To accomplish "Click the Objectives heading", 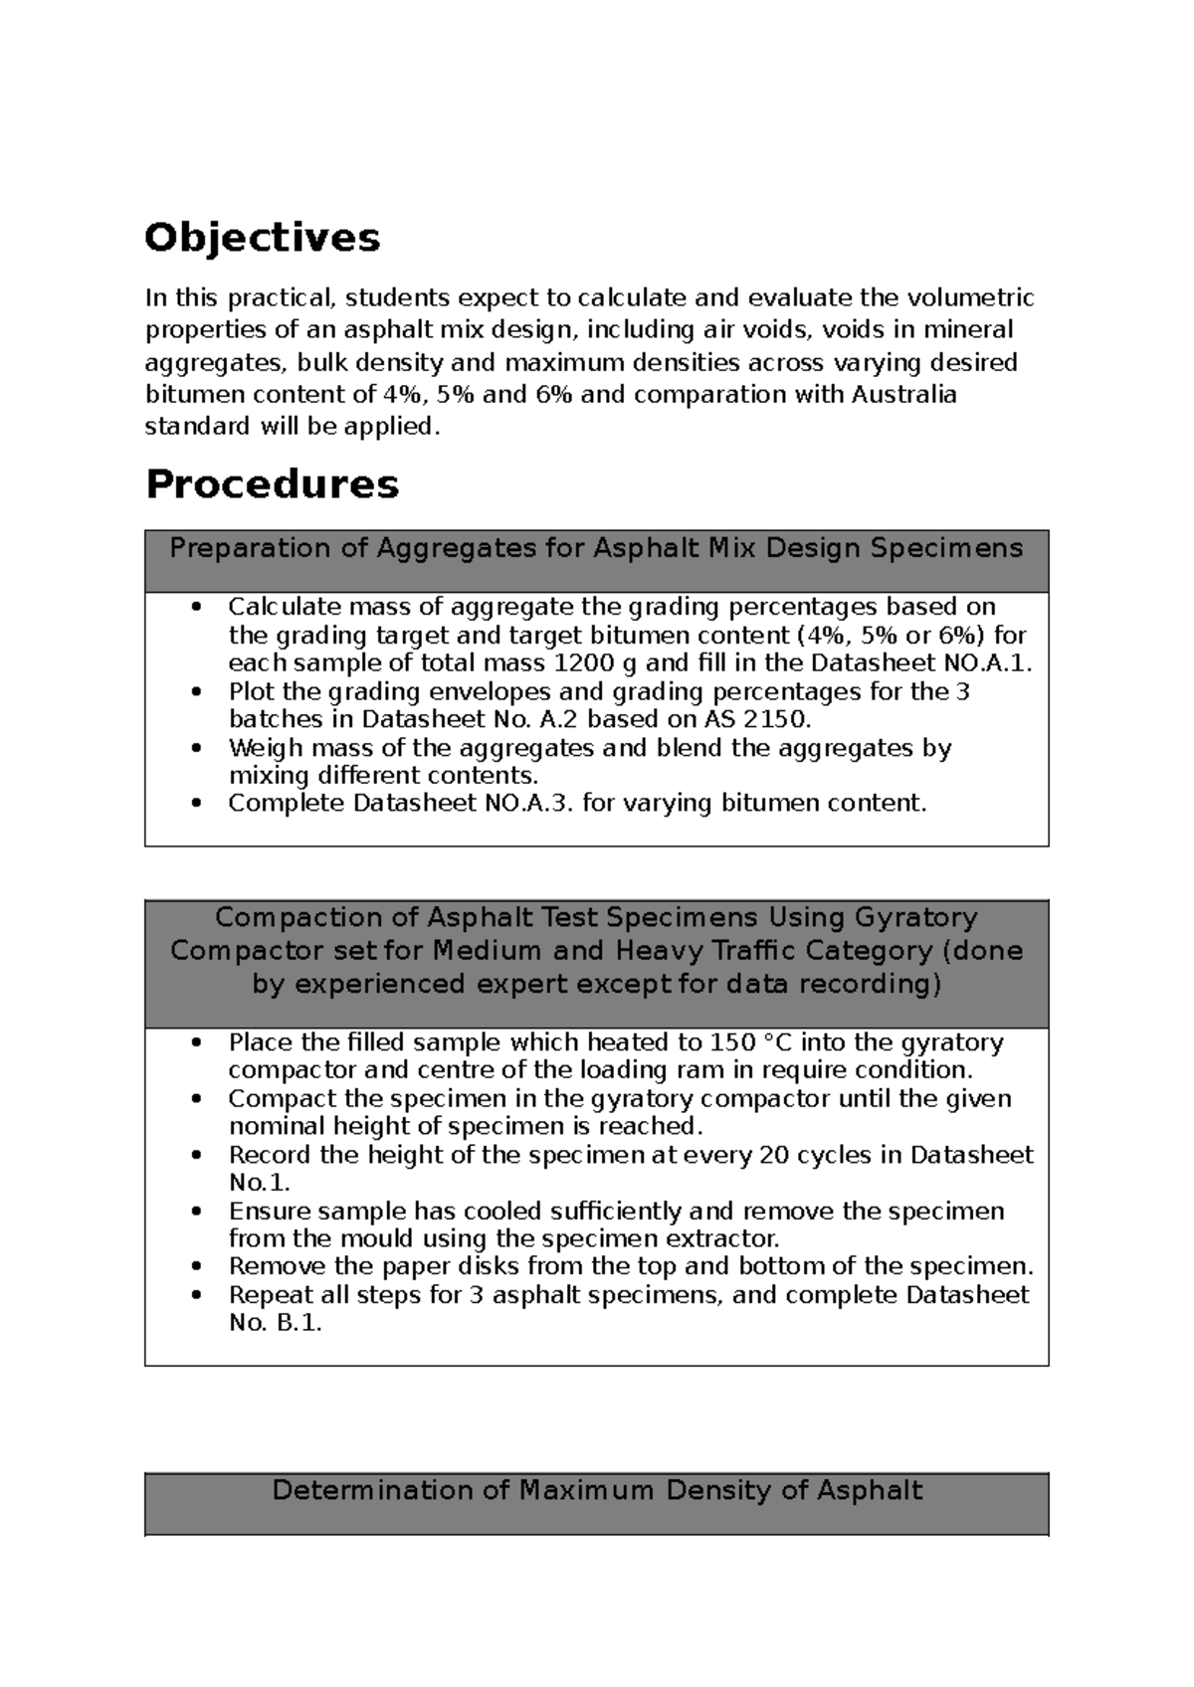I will pos(262,238).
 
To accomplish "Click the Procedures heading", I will pos(272,484).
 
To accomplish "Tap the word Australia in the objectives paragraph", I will pos(903,395).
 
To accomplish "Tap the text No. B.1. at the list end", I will pos(276,1323).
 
